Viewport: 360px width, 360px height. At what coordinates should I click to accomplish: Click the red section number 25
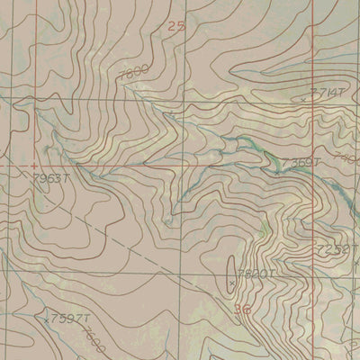coord(176,28)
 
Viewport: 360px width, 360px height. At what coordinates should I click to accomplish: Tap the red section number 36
coord(240,310)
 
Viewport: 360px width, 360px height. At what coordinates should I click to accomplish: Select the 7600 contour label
coord(93,342)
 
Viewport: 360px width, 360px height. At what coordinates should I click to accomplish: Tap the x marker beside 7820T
coord(232,283)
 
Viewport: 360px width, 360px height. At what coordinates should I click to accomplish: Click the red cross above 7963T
coord(34,166)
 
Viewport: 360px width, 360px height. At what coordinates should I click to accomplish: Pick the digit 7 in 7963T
coord(34,178)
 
